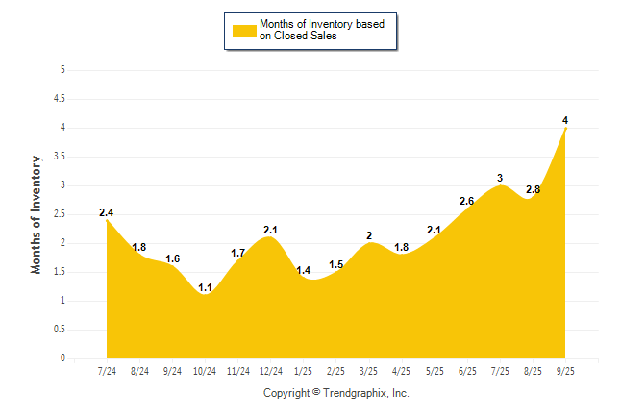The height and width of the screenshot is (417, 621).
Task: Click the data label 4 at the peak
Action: (565, 120)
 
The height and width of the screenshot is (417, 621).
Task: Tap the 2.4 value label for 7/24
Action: (107, 212)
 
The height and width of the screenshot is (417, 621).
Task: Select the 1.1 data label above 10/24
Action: (206, 287)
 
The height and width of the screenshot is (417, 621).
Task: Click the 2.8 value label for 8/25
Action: (533, 189)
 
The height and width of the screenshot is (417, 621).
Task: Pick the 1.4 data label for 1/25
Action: (304, 270)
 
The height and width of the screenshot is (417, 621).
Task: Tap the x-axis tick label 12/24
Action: (271, 371)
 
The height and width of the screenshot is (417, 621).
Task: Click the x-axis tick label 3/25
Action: (369, 371)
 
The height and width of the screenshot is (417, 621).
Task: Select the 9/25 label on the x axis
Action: (565, 371)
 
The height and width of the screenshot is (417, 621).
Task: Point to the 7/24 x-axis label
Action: (107, 371)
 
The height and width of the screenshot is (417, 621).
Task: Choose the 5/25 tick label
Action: (435, 371)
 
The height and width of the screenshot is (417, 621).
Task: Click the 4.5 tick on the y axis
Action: (61, 99)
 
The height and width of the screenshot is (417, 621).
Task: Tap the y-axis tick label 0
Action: (62, 358)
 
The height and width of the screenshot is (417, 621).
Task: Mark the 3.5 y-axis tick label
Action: (61, 157)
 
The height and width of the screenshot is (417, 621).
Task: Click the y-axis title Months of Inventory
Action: (37, 214)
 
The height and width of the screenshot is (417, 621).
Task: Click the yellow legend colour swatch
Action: (242, 30)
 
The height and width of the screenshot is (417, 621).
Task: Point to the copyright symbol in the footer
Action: (316, 392)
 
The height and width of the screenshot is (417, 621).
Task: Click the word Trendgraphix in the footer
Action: (357, 393)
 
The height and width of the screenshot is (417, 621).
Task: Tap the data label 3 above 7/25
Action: (500, 178)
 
